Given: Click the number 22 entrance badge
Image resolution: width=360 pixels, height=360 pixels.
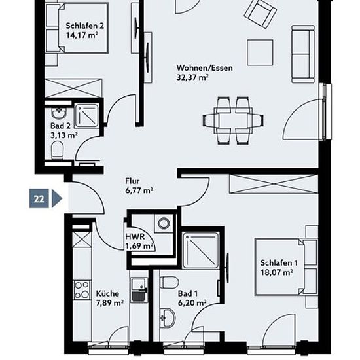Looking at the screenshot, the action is [x=39, y=198].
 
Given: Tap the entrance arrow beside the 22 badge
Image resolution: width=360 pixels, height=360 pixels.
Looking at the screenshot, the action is [x=57, y=198].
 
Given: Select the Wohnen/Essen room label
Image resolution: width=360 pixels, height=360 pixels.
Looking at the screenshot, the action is [x=204, y=68].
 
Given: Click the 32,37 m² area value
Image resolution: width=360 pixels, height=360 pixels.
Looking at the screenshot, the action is [x=192, y=77].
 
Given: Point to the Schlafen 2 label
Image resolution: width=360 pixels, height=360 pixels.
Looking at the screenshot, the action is [x=84, y=26].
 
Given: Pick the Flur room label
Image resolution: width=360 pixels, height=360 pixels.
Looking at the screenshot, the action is [x=132, y=181].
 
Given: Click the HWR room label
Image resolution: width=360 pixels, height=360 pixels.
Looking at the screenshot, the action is [x=135, y=236].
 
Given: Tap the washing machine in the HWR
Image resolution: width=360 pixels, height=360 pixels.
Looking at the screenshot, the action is [x=164, y=223].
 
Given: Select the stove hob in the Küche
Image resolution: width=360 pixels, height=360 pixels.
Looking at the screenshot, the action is [x=82, y=290].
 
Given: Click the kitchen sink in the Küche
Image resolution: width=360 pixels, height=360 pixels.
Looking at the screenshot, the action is [x=139, y=290].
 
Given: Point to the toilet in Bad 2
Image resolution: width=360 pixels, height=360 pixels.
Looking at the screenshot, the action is [x=57, y=150].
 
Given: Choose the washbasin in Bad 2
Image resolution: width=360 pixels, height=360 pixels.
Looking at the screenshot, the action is [x=59, y=113].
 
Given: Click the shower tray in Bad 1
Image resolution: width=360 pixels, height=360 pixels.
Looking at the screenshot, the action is [x=200, y=250].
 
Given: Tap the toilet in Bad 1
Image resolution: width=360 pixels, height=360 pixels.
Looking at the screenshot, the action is [x=170, y=283].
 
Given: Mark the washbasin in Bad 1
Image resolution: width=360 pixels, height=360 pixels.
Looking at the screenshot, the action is [x=168, y=319].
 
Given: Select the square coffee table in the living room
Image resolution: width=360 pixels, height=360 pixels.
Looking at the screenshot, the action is [x=260, y=52].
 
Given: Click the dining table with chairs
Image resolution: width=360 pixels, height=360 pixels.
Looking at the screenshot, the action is [x=233, y=120].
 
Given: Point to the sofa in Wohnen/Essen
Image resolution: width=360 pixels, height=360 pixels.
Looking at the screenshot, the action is [x=303, y=54].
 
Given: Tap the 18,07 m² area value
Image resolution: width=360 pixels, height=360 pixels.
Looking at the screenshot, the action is [x=276, y=272].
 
